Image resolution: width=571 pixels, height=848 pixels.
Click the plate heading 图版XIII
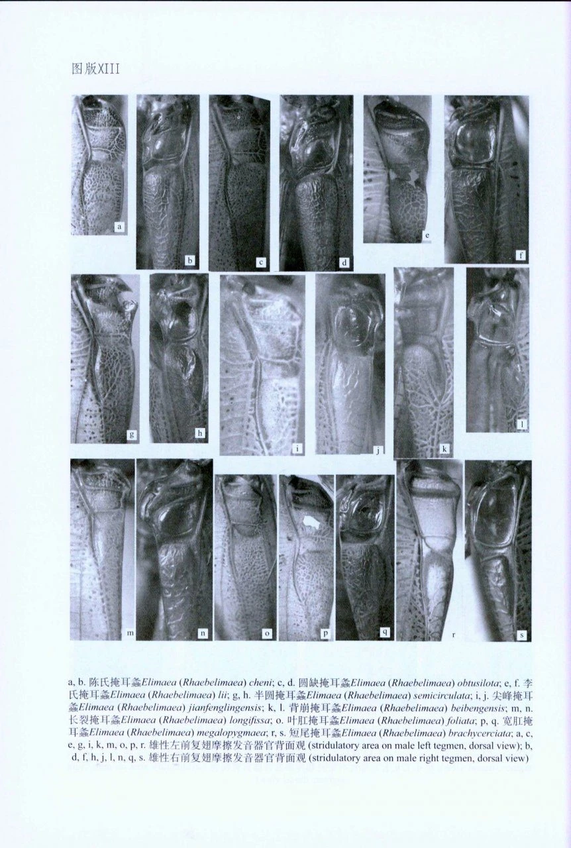pyautogui.click(x=95, y=69)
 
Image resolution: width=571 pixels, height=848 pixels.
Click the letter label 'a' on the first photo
pyautogui.click(x=119, y=227)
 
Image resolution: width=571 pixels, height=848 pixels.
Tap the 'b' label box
pyautogui.click(x=189, y=260)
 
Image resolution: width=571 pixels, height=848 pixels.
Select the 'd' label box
pyautogui.click(x=344, y=262)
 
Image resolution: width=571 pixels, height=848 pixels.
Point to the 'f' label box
pyautogui.click(x=521, y=256)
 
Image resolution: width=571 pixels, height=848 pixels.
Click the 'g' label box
pyautogui.click(x=132, y=434)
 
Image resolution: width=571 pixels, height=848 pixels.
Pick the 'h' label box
pyautogui.click(x=200, y=433)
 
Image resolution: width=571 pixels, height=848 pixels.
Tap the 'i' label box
pyautogui.click(x=298, y=449)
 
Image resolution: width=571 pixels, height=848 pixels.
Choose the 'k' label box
pyautogui.click(x=444, y=449)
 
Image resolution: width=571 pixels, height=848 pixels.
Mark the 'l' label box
pyautogui.click(x=522, y=425)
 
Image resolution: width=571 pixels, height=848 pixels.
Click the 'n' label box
pyautogui.click(x=203, y=633)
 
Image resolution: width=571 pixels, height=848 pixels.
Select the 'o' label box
pyautogui.click(x=267, y=633)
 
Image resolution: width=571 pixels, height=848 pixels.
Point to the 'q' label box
pyautogui.click(x=385, y=632)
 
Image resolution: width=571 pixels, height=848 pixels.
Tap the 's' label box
pyautogui.click(x=521, y=635)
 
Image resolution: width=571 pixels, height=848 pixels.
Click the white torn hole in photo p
pyautogui.click(x=311, y=524)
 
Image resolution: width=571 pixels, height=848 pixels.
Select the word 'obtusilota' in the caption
pyautogui.click(x=477, y=683)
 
